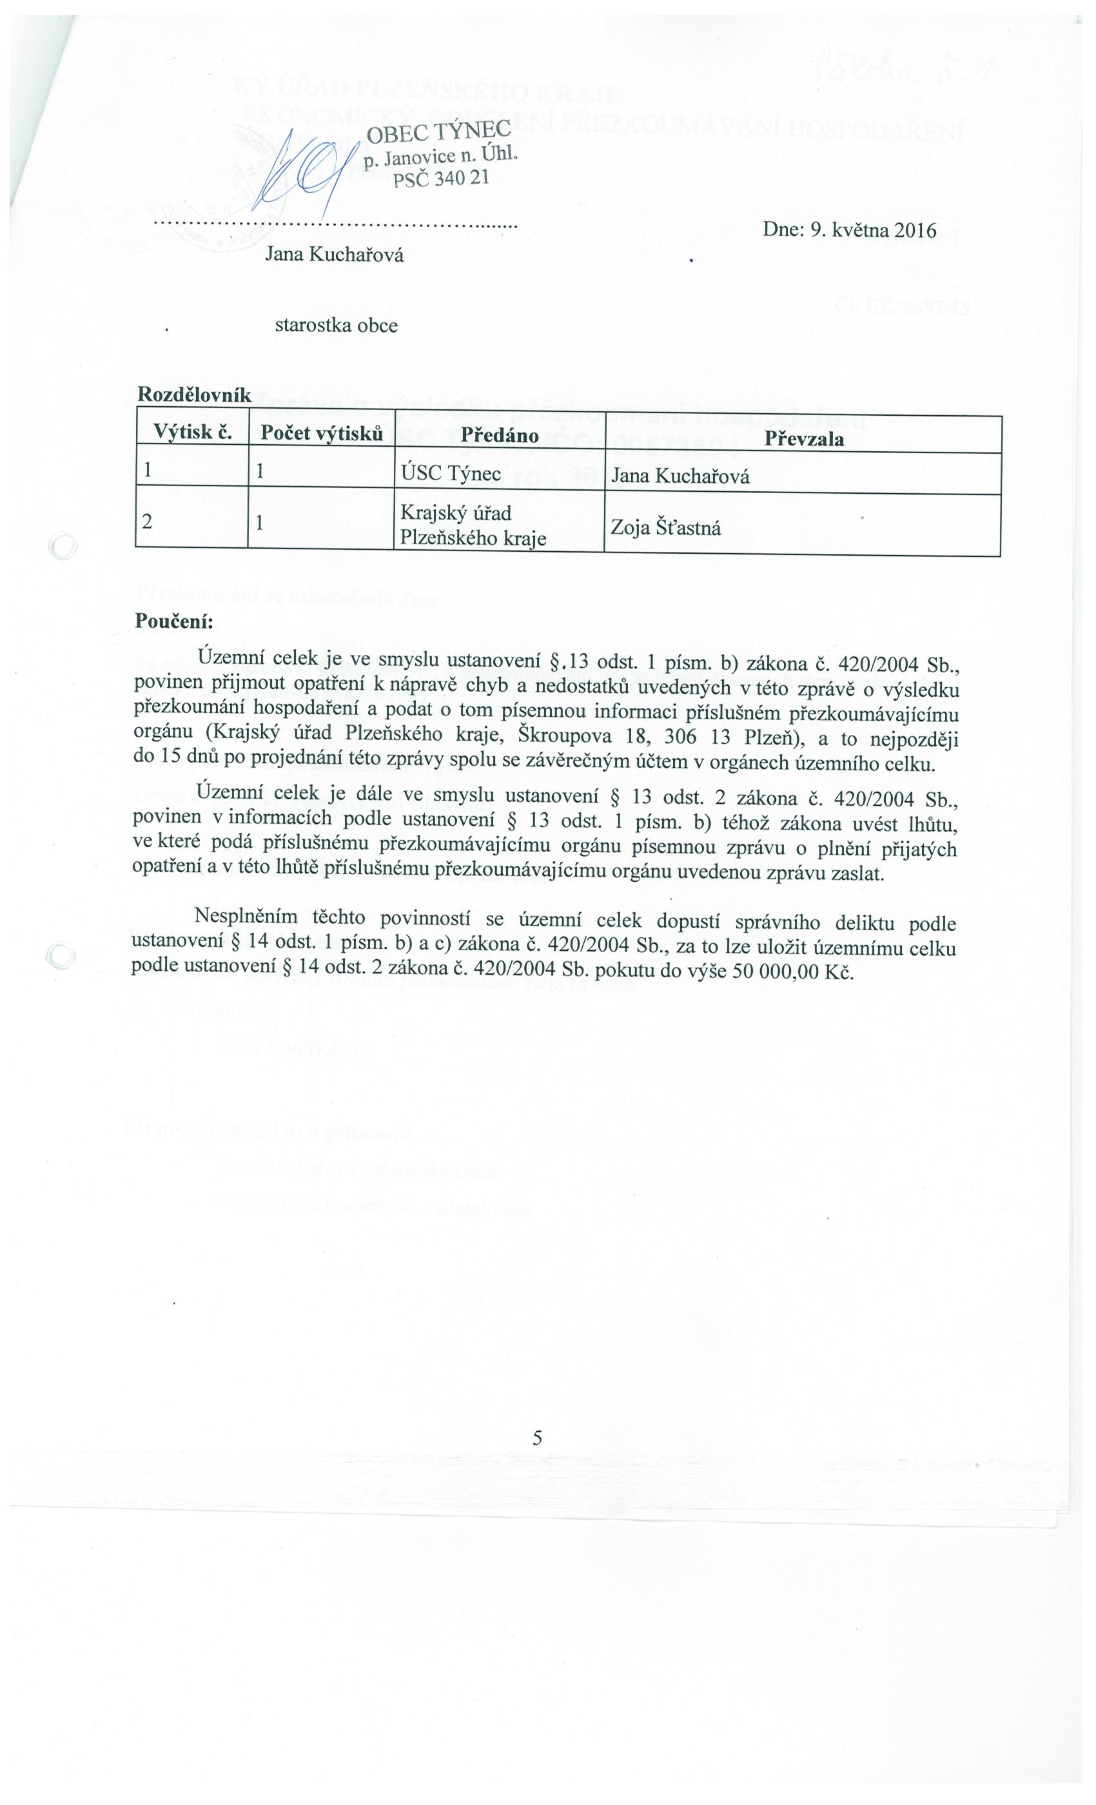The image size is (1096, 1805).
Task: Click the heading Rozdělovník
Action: (194, 396)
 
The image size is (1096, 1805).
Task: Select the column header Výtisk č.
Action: (192, 434)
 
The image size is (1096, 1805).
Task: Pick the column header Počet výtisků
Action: (322, 434)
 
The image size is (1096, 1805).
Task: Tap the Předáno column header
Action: (499, 436)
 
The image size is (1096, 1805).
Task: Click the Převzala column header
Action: (805, 439)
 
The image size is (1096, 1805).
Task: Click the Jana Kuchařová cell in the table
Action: (680, 477)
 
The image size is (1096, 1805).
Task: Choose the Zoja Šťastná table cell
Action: (665, 527)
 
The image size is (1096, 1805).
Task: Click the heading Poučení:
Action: (173, 621)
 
